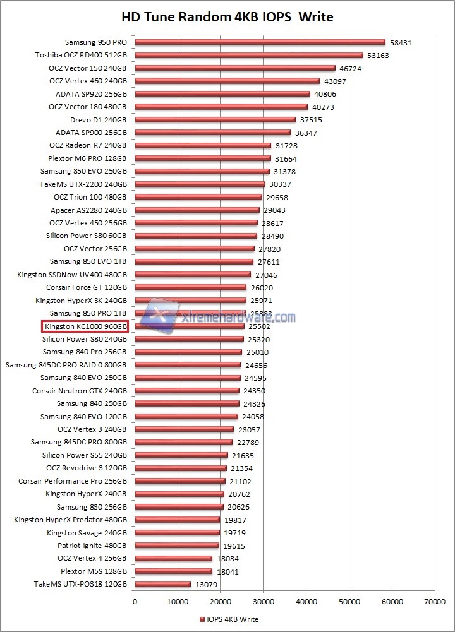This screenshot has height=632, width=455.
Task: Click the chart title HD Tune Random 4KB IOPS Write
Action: pyautogui.click(x=227, y=16)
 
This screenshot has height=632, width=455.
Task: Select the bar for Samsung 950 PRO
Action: pyautogui.click(x=260, y=42)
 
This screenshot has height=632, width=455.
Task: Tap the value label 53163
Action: pyautogui.click(x=378, y=56)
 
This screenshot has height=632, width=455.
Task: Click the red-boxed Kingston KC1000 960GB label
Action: pyautogui.click(x=85, y=326)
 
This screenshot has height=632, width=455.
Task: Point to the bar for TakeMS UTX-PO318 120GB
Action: pyautogui.click(x=162, y=584)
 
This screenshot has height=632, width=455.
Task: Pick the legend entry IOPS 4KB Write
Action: pyautogui.click(x=228, y=619)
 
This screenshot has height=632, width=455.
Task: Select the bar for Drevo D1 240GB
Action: pyautogui.click(x=215, y=120)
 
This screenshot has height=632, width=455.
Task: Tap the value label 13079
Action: pyautogui.click(x=205, y=585)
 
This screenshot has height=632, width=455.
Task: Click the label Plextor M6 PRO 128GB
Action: pyautogui.click(x=88, y=158)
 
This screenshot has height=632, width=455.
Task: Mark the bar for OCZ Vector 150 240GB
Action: pyautogui.click(x=234, y=68)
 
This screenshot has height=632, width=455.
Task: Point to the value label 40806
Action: pyautogui.click(x=325, y=94)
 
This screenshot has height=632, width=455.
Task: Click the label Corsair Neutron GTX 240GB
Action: pyautogui.click(x=80, y=391)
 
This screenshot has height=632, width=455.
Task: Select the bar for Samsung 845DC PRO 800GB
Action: pyautogui.click(x=183, y=443)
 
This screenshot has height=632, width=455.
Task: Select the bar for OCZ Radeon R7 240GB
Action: pyautogui.click(x=202, y=146)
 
